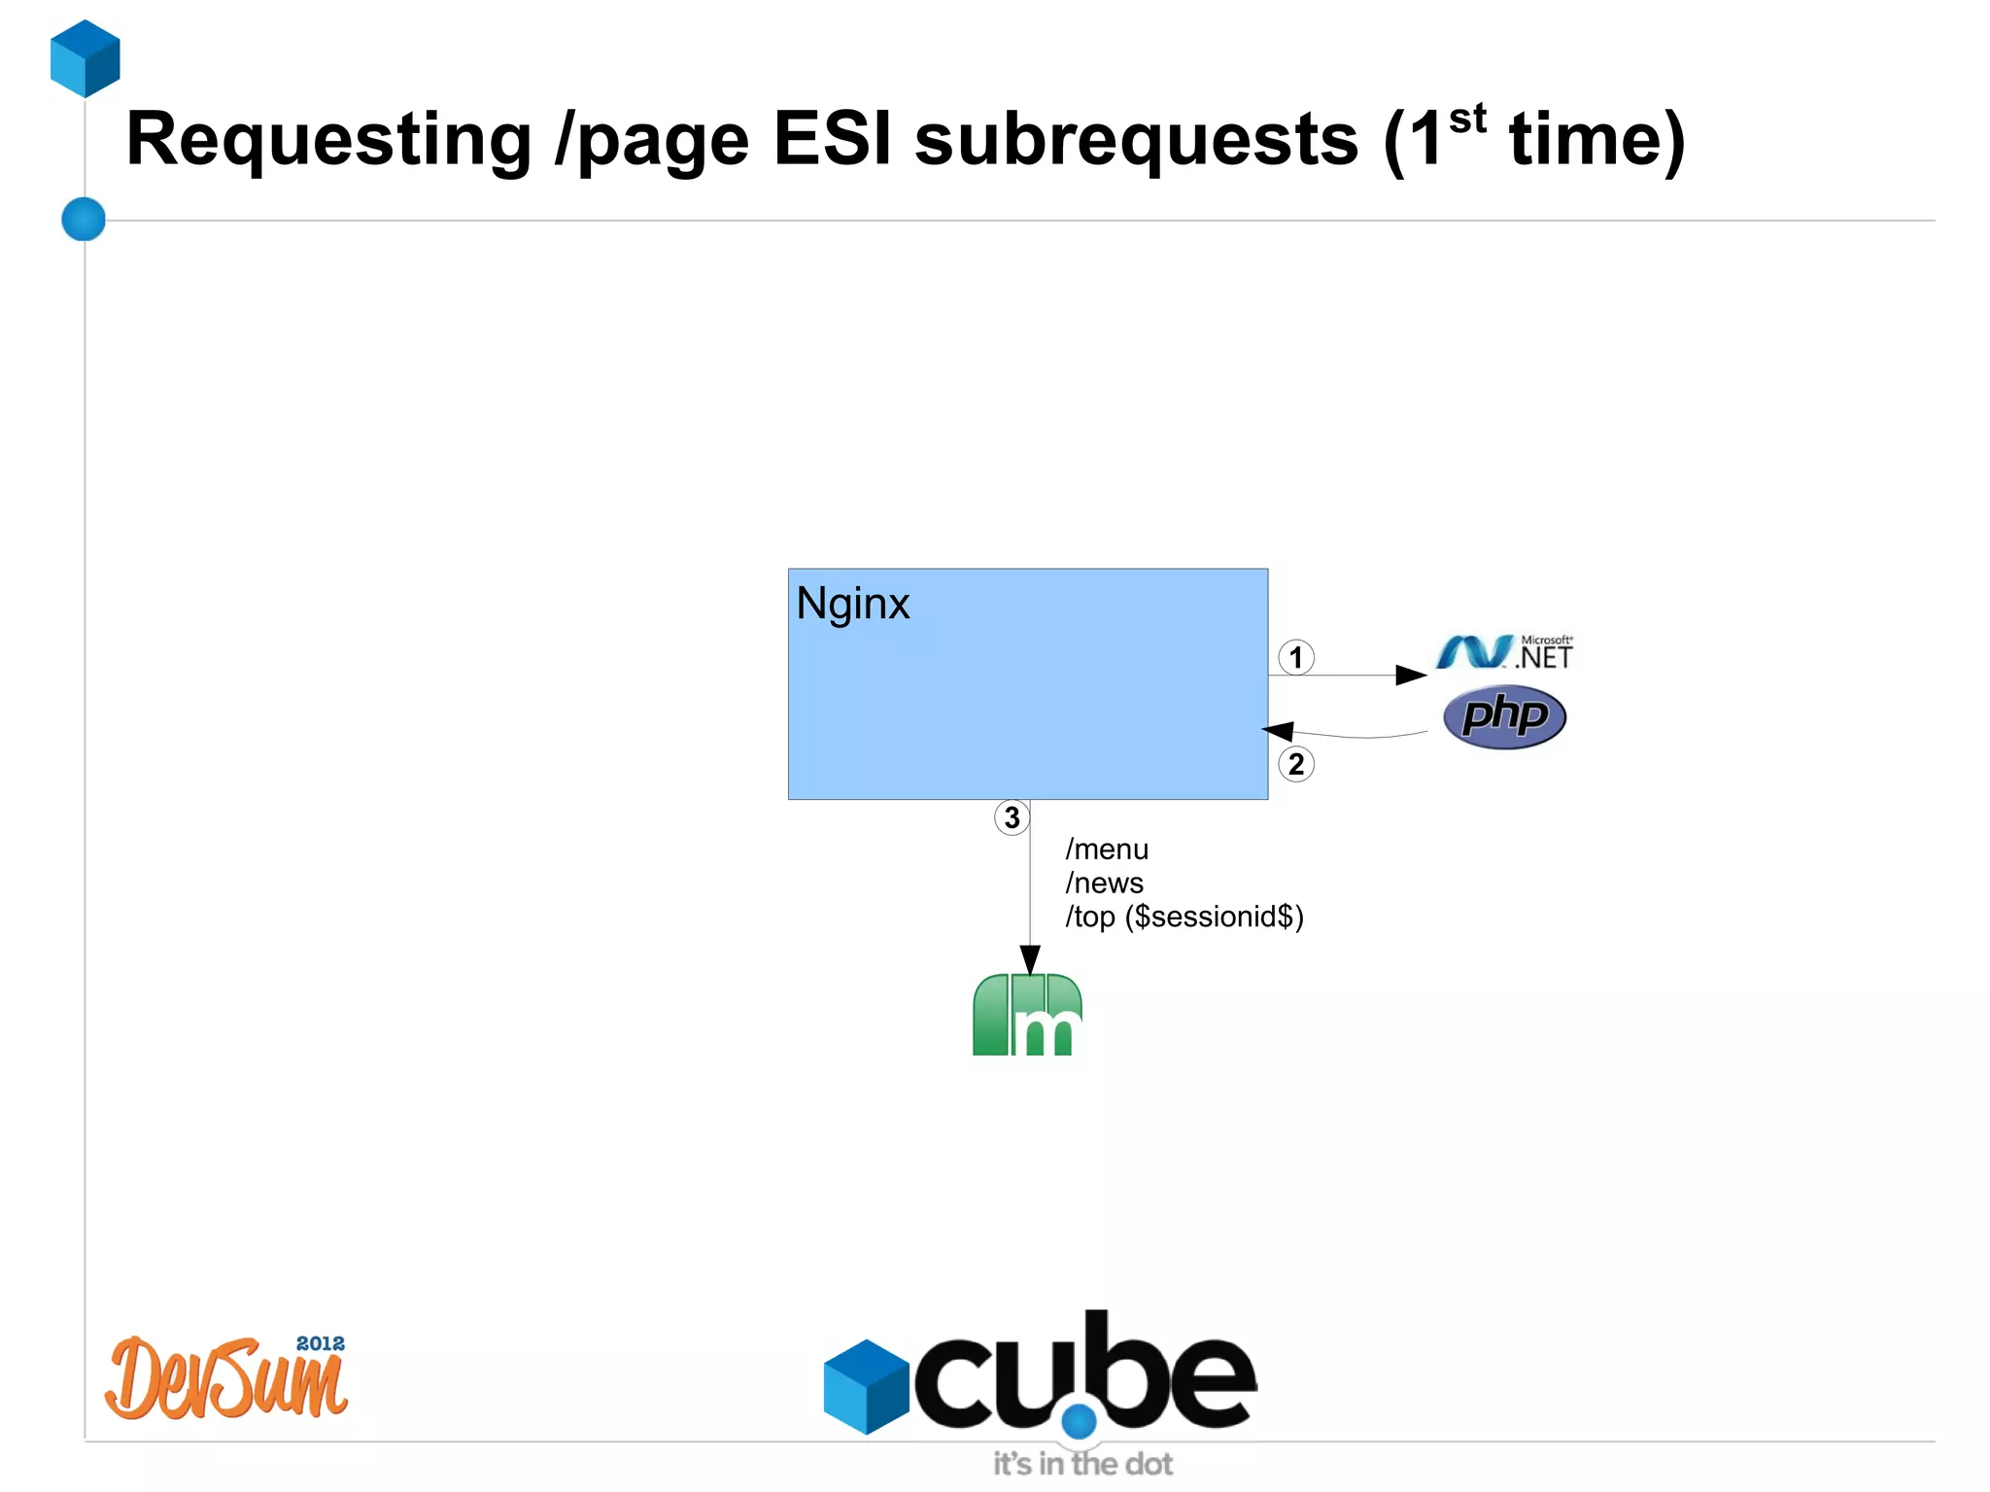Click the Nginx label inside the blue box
click(852, 604)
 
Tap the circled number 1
click(1295, 657)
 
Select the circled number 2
click(1295, 764)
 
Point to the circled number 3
click(1012, 817)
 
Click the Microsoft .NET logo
click(1504, 652)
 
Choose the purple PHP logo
click(1504, 717)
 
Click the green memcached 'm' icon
click(1027, 1015)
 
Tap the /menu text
click(1107, 850)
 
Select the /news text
click(1105, 884)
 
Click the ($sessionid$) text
click(1214, 917)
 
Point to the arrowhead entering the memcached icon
click(1030, 959)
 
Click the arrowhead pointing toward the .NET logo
click(1411, 675)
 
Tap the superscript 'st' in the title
click(1467, 120)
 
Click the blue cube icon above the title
click(86, 58)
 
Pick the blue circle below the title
click(84, 219)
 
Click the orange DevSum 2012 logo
click(226, 1377)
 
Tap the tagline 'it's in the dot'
click(1082, 1464)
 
